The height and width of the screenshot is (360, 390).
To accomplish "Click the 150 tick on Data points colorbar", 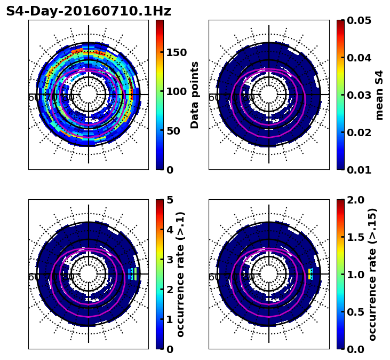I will point(176,52).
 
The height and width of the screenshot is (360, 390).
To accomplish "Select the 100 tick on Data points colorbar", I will point(176,91).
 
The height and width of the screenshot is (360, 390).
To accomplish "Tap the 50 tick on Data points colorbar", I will point(173,131).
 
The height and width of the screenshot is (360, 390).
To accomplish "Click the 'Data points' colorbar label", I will point(195,95).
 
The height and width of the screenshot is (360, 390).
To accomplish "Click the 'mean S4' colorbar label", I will point(379,95).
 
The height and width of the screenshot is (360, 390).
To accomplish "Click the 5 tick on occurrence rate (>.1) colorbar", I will point(170,200).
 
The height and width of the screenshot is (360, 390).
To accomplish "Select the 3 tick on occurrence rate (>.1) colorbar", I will point(170,260).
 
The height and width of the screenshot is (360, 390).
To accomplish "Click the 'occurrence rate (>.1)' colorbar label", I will point(180,275).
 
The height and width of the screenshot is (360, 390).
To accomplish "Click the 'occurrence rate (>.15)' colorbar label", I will point(372,275).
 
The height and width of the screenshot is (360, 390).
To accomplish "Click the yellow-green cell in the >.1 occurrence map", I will point(135,273).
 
